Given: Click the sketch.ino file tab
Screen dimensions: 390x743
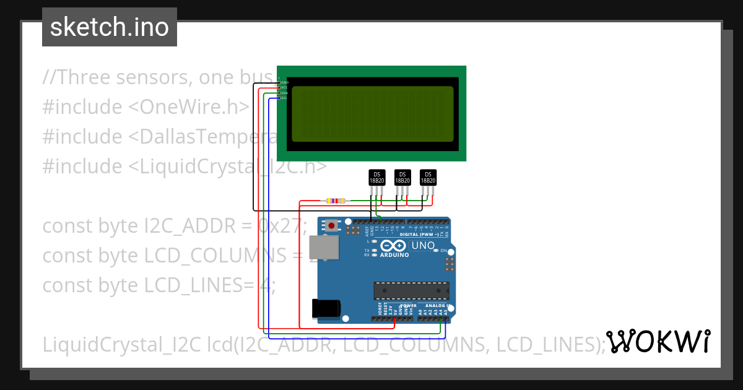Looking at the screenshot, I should click(x=110, y=27).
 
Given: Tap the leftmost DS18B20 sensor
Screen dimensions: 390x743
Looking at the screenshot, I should click(x=376, y=178).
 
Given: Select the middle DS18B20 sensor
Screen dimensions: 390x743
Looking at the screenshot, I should click(x=402, y=178).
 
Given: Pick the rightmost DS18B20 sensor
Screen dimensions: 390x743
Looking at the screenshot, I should click(x=428, y=178).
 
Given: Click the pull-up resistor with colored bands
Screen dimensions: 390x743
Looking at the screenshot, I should click(x=336, y=201).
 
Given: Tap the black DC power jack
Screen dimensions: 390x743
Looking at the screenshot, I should click(x=326, y=308).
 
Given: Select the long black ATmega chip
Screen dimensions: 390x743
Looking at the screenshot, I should click(x=411, y=290).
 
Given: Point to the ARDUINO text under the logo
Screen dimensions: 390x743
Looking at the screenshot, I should click(x=394, y=255).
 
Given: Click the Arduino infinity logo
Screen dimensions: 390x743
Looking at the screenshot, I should click(x=394, y=245).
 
